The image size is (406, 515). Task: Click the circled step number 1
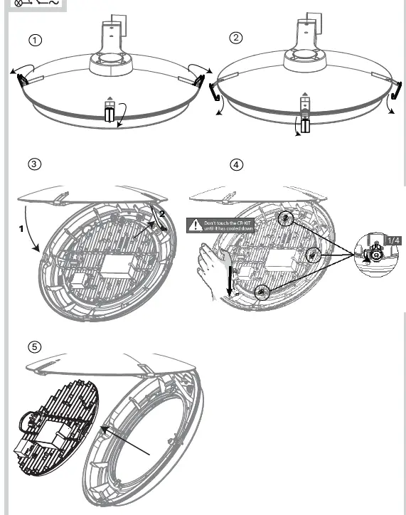click(36, 40)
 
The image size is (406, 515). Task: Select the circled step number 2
click(237, 38)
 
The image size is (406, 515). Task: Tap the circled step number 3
click(34, 164)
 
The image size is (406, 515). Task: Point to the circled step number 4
click(237, 164)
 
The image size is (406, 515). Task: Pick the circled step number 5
click(34, 347)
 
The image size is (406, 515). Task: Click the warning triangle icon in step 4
click(195, 225)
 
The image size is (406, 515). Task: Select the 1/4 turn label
click(392, 240)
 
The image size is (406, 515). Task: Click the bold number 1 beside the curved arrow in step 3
click(22, 228)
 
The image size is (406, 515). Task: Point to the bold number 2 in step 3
click(161, 213)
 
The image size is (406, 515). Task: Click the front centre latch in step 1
click(109, 113)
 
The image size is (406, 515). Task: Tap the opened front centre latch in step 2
click(304, 121)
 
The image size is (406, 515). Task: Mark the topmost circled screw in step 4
click(286, 218)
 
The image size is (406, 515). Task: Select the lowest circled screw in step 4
click(263, 291)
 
